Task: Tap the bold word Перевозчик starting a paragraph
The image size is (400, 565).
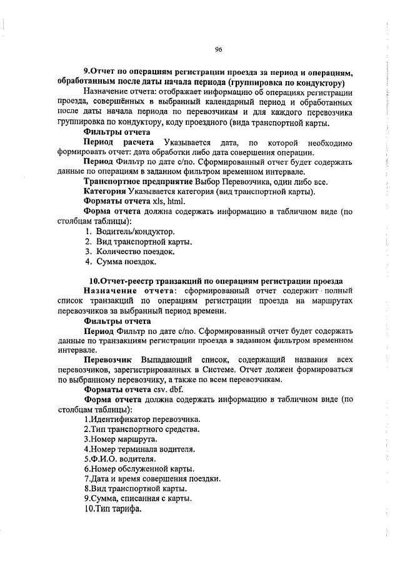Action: click(x=107, y=361)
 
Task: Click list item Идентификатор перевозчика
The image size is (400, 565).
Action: click(x=142, y=420)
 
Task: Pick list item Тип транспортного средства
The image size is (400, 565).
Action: click(x=142, y=430)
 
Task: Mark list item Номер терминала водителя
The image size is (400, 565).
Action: click(x=139, y=449)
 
